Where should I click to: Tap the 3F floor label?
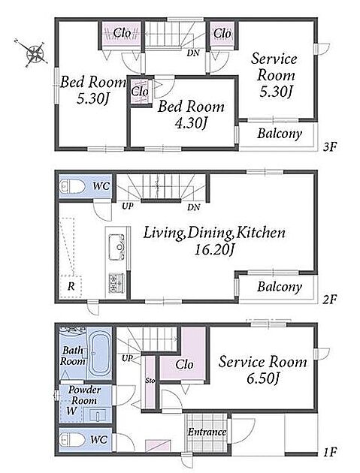(329, 147)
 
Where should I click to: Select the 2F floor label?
(329, 300)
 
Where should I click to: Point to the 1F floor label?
(330, 452)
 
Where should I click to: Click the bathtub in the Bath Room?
(99, 354)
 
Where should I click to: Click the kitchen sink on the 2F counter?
(116, 246)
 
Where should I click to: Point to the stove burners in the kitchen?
(116, 282)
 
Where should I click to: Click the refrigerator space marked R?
(71, 286)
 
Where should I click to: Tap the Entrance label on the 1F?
(207, 432)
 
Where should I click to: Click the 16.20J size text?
(215, 250)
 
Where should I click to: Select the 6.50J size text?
(262, 378)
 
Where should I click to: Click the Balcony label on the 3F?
(280, 134)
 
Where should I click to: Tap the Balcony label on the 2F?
(280, 287)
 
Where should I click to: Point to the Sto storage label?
(150, 381)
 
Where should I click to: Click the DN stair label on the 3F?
(193, 53)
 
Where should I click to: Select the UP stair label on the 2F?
(128, 206)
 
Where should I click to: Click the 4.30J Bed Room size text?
(192, 123)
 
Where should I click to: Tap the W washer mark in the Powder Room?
(71, 411)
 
